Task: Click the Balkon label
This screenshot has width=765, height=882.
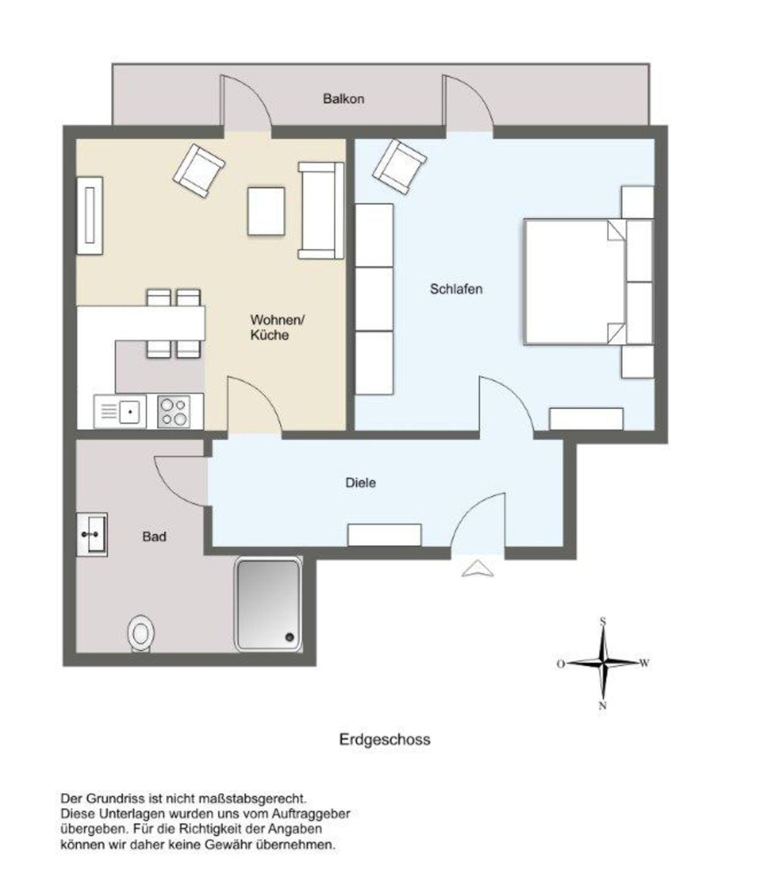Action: coord(344,99)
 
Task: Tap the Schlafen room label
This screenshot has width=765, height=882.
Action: coord(456,289)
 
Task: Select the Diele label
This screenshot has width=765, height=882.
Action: coord(361,483)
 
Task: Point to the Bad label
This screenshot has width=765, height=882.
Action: coord(154,537)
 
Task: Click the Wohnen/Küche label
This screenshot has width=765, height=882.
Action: coord(277,327)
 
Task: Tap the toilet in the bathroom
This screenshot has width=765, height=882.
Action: coord(141,633)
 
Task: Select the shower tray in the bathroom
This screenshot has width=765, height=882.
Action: coord(268,604)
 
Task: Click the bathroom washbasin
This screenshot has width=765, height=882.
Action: coord(92,534)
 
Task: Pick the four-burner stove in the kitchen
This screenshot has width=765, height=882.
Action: coord(174,412)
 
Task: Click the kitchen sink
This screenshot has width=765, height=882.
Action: coord(120,412)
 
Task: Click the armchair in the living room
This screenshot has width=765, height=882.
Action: coord(199,170)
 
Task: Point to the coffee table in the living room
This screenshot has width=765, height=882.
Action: coord(266,211)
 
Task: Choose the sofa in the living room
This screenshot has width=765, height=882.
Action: coord(321,210)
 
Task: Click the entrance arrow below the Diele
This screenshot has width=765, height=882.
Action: coord(478,568)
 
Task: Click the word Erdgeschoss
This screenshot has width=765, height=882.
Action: coord(385,740)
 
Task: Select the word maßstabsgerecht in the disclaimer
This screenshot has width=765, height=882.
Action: coord(252,799)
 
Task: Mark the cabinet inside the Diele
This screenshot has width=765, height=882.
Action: coord(385,535)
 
